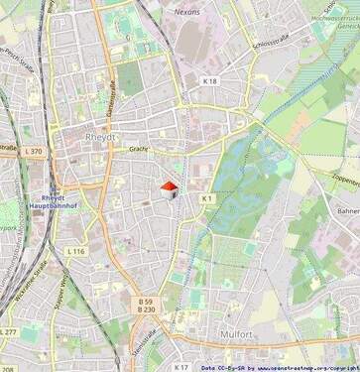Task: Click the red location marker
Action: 169,187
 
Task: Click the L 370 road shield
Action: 32,151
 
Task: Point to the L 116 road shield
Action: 75,252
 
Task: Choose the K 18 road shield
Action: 209,80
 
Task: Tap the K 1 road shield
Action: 207,198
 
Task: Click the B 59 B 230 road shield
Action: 146,306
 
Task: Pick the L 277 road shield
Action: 8,331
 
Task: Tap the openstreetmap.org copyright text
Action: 298,367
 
